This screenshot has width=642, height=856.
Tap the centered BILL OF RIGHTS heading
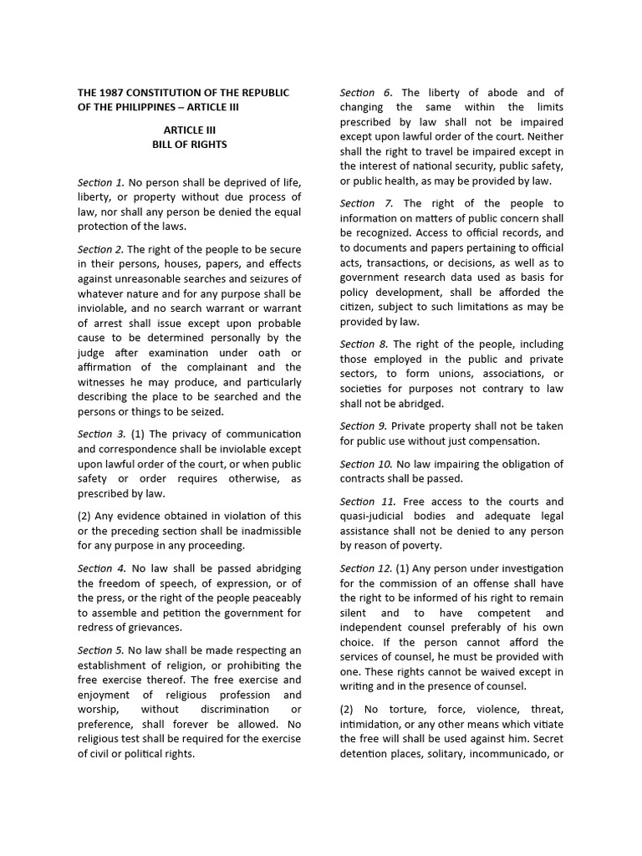(x=189, y=145)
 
